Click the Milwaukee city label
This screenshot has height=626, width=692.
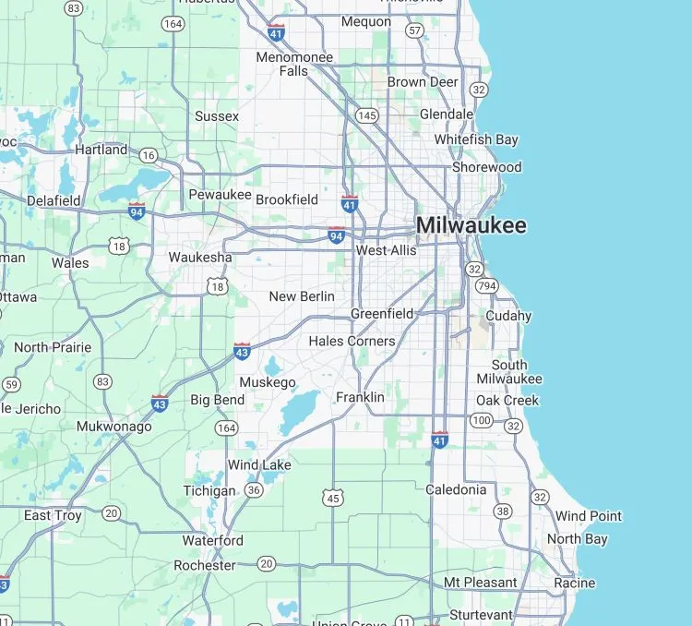point(471,225)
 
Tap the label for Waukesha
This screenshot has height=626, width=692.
point(199,257)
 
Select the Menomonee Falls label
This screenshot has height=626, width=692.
point(294,64)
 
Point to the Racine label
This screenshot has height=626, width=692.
point(574,583)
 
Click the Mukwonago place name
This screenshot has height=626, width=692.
point(113,427)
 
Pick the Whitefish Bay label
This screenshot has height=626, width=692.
point(476,139)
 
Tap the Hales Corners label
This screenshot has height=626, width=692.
point(352,341)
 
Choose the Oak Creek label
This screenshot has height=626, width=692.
point(507,400)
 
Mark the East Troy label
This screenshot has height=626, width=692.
point(53,514)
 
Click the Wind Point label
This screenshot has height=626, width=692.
point(588,516)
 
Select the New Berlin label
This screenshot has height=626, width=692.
point(301,296)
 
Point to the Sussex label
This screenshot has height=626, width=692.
point(217,116)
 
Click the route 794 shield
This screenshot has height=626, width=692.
point(487,286)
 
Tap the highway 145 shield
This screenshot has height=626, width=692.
point(367,115)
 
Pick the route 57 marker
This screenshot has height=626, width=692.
point(415,30)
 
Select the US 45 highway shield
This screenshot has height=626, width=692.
point(332,499)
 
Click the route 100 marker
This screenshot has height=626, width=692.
point(481,421)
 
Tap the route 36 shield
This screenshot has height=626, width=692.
point(254,489)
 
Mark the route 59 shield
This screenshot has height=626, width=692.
point(11,384)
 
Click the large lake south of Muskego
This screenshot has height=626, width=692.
point(298,412)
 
